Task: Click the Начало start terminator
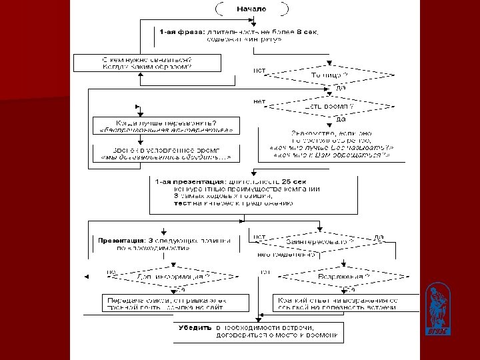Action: pos(251,9)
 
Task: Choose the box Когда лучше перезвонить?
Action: pos(166,126)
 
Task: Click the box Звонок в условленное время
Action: pos(166,153)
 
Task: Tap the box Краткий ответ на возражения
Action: pos(342,304)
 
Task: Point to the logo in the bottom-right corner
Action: pos(437,309)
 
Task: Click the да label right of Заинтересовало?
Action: pos(379,236)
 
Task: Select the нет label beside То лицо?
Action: pos(259,70)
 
